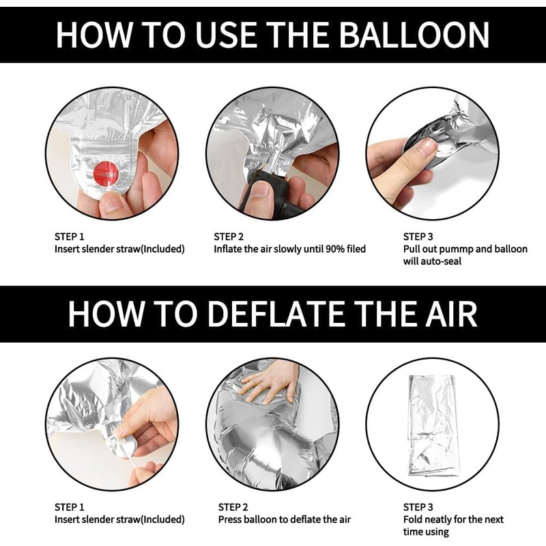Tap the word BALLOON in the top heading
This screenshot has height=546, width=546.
coord(414,35)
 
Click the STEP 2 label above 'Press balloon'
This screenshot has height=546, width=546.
coord(233,507)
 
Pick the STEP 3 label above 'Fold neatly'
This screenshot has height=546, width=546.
coord(418,507)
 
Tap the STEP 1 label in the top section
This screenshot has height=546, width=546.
coord(70,237)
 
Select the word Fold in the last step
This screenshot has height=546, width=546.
coord(413,519)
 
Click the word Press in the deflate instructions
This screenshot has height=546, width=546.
coord(230,519)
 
